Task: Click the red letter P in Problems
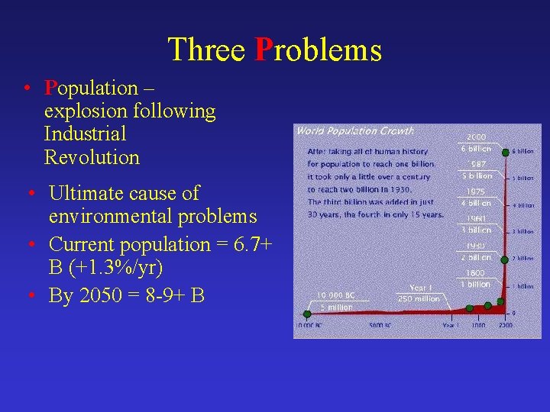(264, 50)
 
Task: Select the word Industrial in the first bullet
(85, 134)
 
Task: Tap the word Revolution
(92, 158)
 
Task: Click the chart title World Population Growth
(355, 131)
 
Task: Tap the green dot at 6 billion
(505, 153)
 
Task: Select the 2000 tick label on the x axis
(505, 326)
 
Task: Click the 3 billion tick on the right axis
(522, 231)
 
